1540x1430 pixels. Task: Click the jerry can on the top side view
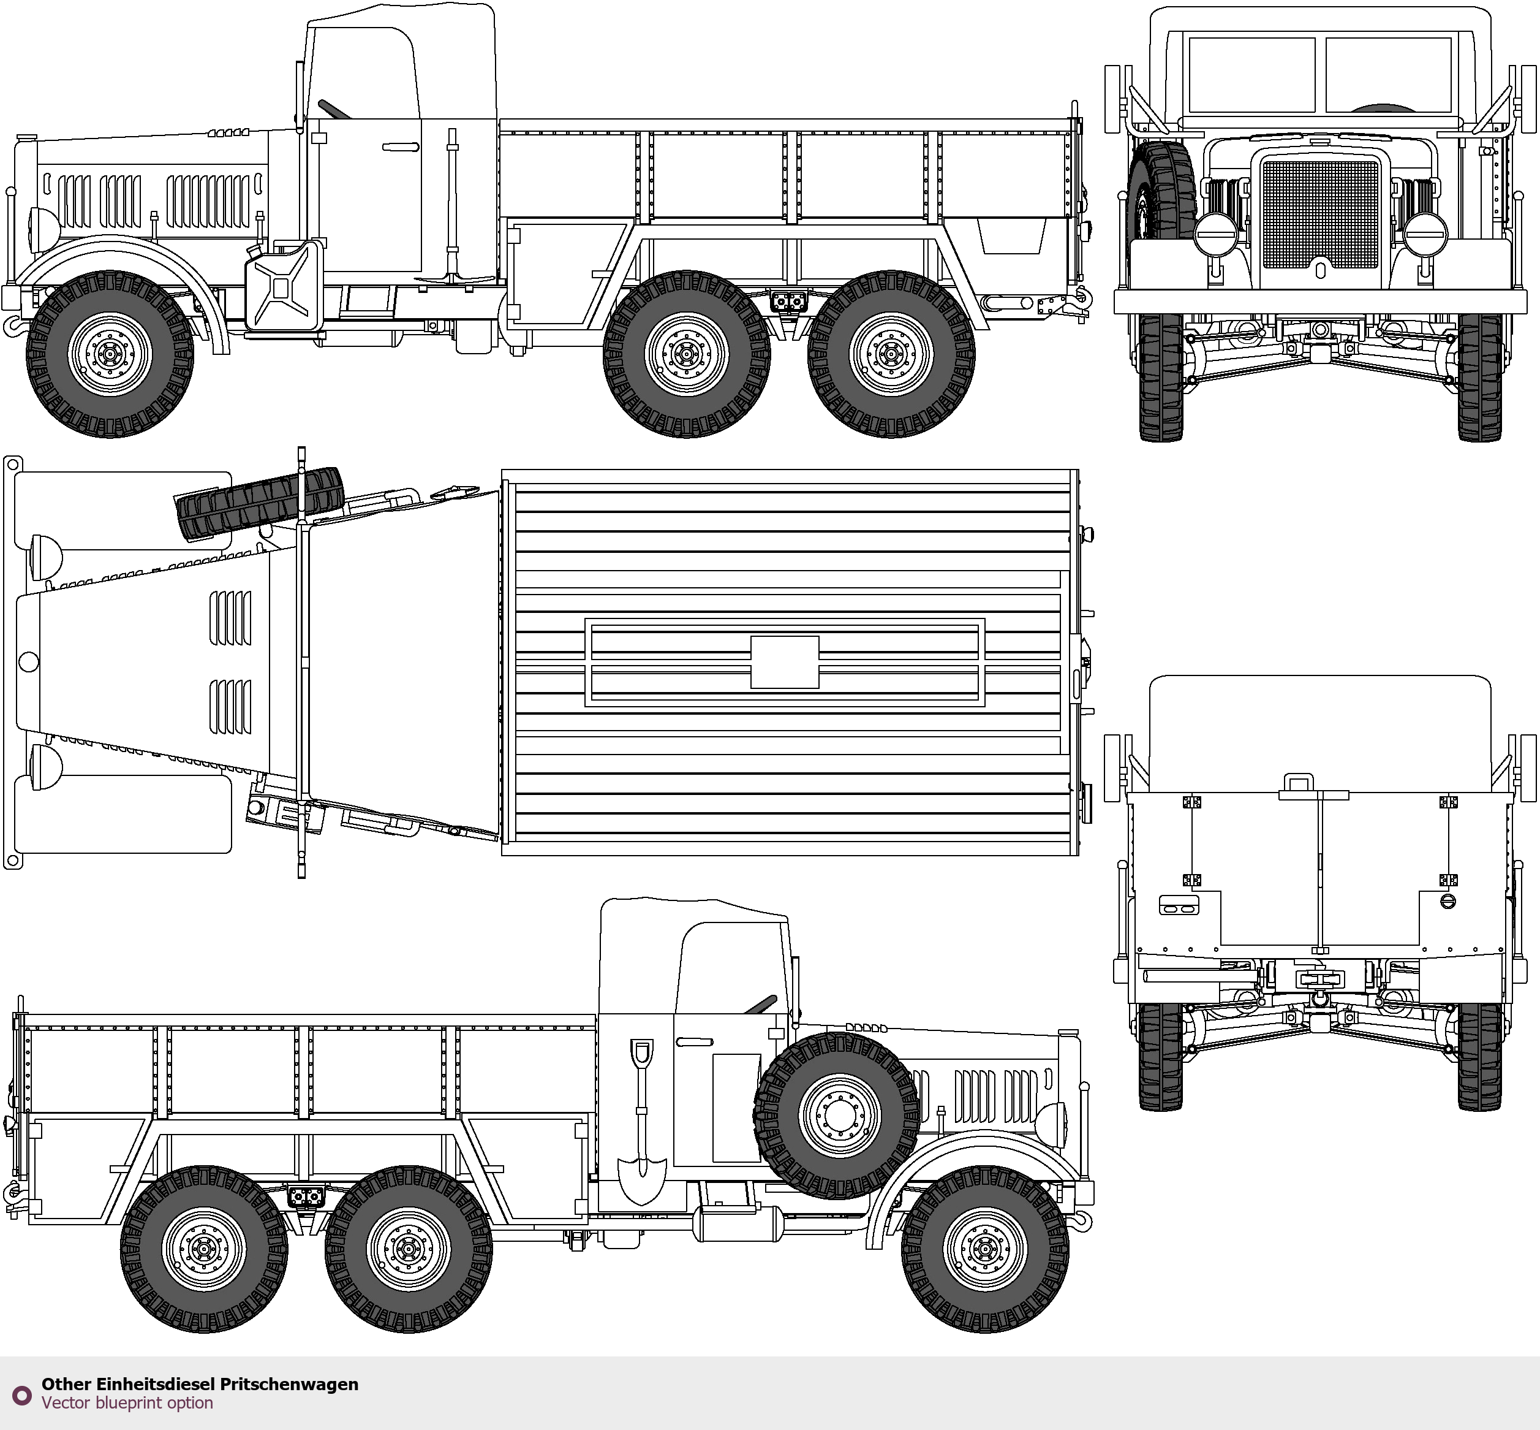pos(284,286)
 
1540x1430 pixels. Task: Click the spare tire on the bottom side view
pos(837,1115)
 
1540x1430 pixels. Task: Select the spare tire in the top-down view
pos(259,504)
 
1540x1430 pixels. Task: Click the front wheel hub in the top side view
pos(110,354)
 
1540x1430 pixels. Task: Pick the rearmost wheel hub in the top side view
pos(891,354)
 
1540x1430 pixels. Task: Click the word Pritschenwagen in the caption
pos(289,1385)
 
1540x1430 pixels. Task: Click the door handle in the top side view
pos(400,146)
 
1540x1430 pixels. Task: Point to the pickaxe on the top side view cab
pos(453,205)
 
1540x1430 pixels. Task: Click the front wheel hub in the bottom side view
pos(984,1249)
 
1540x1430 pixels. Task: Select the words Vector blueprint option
pos(127,1402)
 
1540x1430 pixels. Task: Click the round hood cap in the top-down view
pos(29,661)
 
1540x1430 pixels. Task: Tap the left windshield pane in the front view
pos(1251,75)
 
